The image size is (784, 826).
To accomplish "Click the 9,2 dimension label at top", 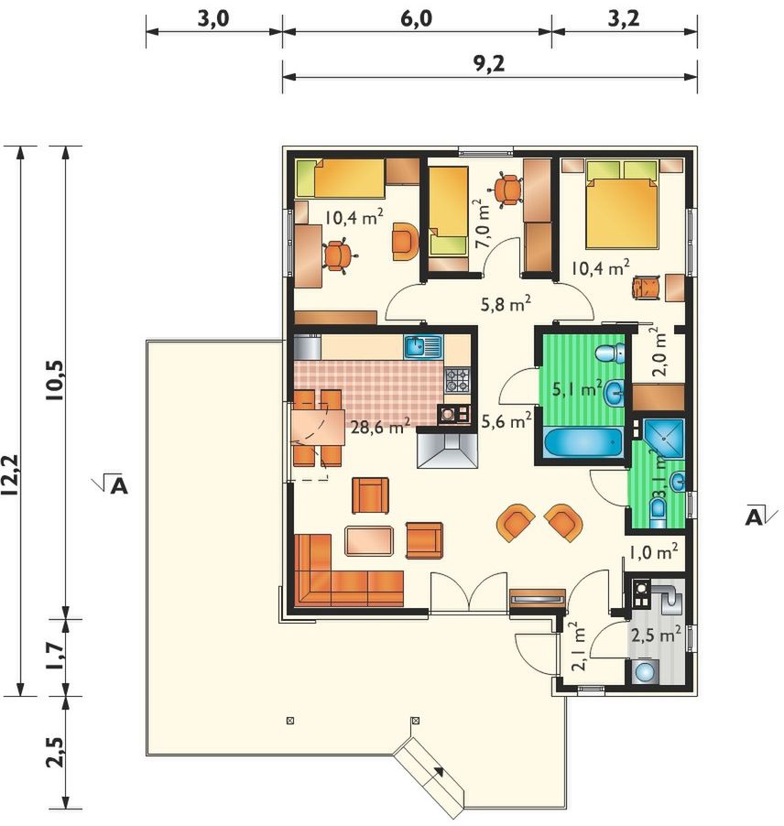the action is [x=489, y=64].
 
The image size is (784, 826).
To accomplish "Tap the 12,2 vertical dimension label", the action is [x=10, y=474].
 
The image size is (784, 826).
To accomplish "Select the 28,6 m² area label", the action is [x=380, y=425].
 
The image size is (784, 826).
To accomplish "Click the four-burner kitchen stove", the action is [x=457, y=380].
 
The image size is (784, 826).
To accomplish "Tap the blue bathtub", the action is [x=583, y=444].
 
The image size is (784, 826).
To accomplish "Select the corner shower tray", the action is [x=663, y=439].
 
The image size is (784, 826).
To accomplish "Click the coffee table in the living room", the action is [x=369, y=540].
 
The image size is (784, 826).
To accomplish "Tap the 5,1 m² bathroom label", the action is [x=577, y=389].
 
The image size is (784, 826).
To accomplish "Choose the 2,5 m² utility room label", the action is [x=656, y=635].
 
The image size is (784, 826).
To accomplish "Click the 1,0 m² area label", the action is [x=653, y=551].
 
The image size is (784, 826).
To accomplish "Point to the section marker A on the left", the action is [x=116, y=486].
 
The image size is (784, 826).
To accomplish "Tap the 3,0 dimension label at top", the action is [x=212, y=19].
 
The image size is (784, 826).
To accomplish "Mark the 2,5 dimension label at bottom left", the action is [x=57, y=752].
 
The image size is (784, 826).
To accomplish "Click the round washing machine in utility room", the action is [x=643, y=673].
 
